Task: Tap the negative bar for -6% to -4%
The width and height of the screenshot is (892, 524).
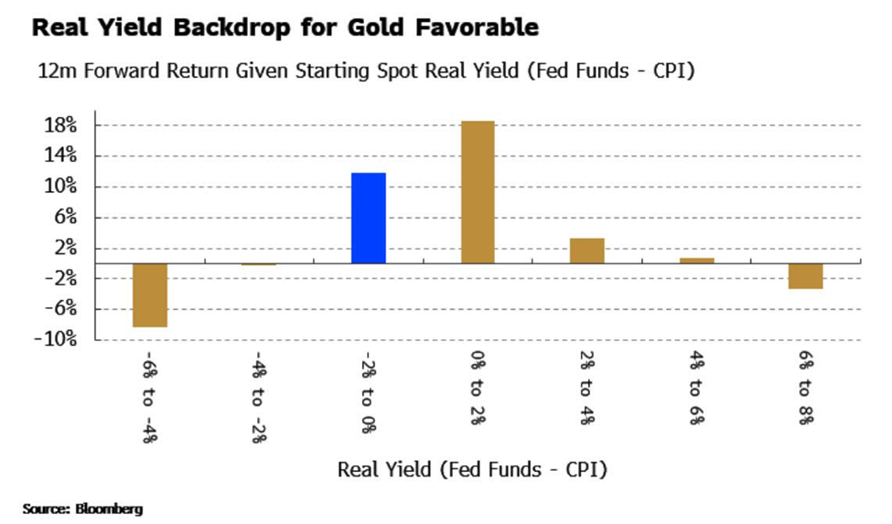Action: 150,294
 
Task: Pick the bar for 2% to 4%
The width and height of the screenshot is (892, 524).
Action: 586,251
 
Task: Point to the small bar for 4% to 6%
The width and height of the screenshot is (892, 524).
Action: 696,261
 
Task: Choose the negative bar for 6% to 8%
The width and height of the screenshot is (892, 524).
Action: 805,276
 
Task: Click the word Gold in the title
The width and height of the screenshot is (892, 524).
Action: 376,28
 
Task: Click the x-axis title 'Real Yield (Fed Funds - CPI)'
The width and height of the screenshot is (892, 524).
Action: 472,470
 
